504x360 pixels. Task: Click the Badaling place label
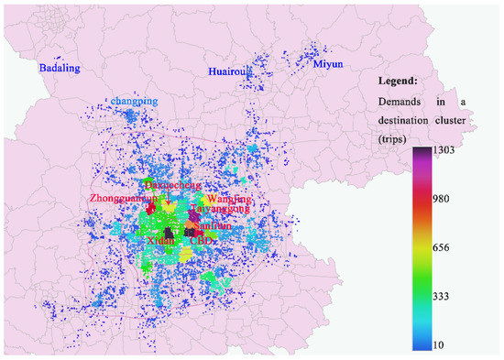click(x=59, y=69)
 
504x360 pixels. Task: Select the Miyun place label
click(x=327, y=64)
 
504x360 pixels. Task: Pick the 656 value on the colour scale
click(x=454, y=247)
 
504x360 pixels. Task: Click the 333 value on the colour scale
click(x=454, y=296)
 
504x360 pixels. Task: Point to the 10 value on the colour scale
click(x=450, y=344)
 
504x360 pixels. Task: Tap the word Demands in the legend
click(x=401, y=101)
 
